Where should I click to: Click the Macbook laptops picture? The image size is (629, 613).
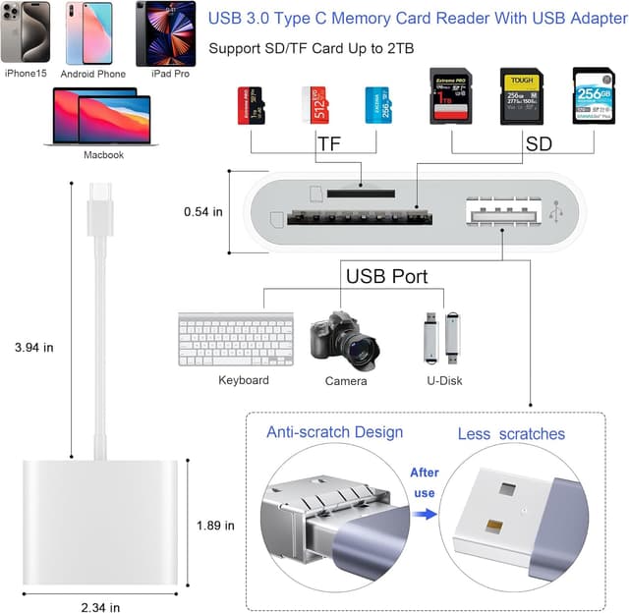coord(100,118)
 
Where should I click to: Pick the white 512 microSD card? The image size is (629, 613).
coord(314,106)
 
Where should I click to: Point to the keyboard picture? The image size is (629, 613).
coord(236,339)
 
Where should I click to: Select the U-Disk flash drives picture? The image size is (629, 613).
coord(442,337)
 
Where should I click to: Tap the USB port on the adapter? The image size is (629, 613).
coord(501,212)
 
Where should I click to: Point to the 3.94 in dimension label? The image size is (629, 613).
coord(34,347)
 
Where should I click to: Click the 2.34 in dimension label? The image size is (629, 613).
coord(100,606)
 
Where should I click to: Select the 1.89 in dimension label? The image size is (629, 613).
coord(215,525)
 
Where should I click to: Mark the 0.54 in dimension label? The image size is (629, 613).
coord(203,211)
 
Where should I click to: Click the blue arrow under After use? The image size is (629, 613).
coord(424,512)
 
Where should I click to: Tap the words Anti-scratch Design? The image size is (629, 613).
coord(334,432)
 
